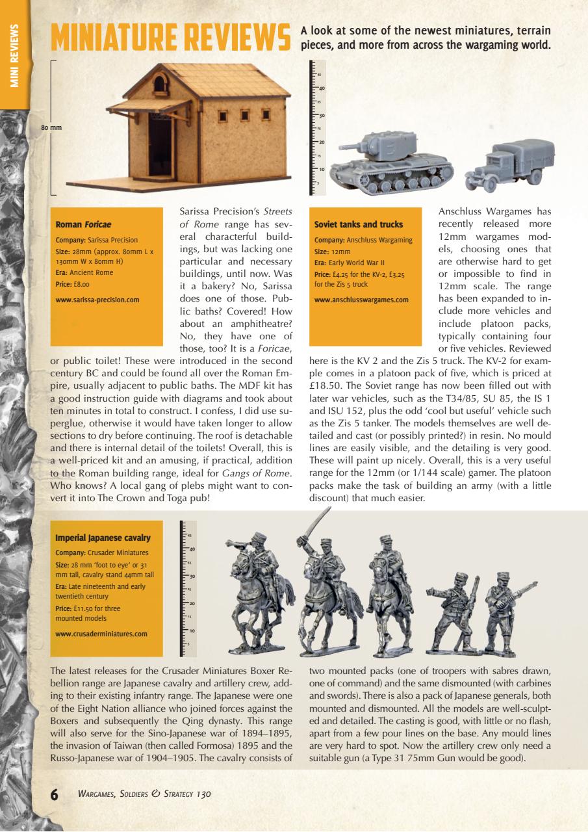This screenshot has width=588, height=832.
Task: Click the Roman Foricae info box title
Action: [81, 224]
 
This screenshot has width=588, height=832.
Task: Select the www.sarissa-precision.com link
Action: [97, 300]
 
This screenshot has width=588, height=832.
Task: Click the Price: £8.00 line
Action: [72, 284]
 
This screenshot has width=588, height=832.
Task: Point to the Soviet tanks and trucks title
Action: [358, 224]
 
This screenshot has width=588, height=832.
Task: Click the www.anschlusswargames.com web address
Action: [361, 300]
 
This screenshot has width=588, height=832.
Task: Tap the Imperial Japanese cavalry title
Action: [103, 538]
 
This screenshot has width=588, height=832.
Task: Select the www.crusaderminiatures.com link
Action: [101, 634]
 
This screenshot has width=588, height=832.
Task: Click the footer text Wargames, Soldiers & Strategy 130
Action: [144, 794]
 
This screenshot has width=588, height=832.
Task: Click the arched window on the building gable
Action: [158, 84]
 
